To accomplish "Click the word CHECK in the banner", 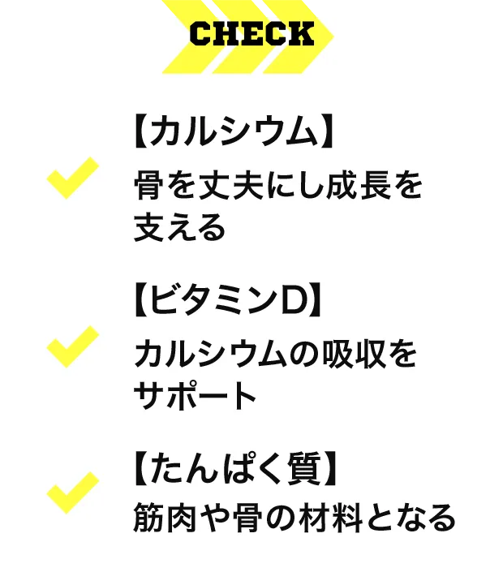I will point(251,35).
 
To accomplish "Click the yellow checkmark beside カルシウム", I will point(73,178).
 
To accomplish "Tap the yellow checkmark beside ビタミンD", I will point(73,346).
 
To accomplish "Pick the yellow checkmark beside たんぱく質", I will point(73,493).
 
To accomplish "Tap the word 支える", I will point(178,228).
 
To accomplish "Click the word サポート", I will point(196,397).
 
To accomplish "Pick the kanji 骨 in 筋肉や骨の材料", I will point(251,517).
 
